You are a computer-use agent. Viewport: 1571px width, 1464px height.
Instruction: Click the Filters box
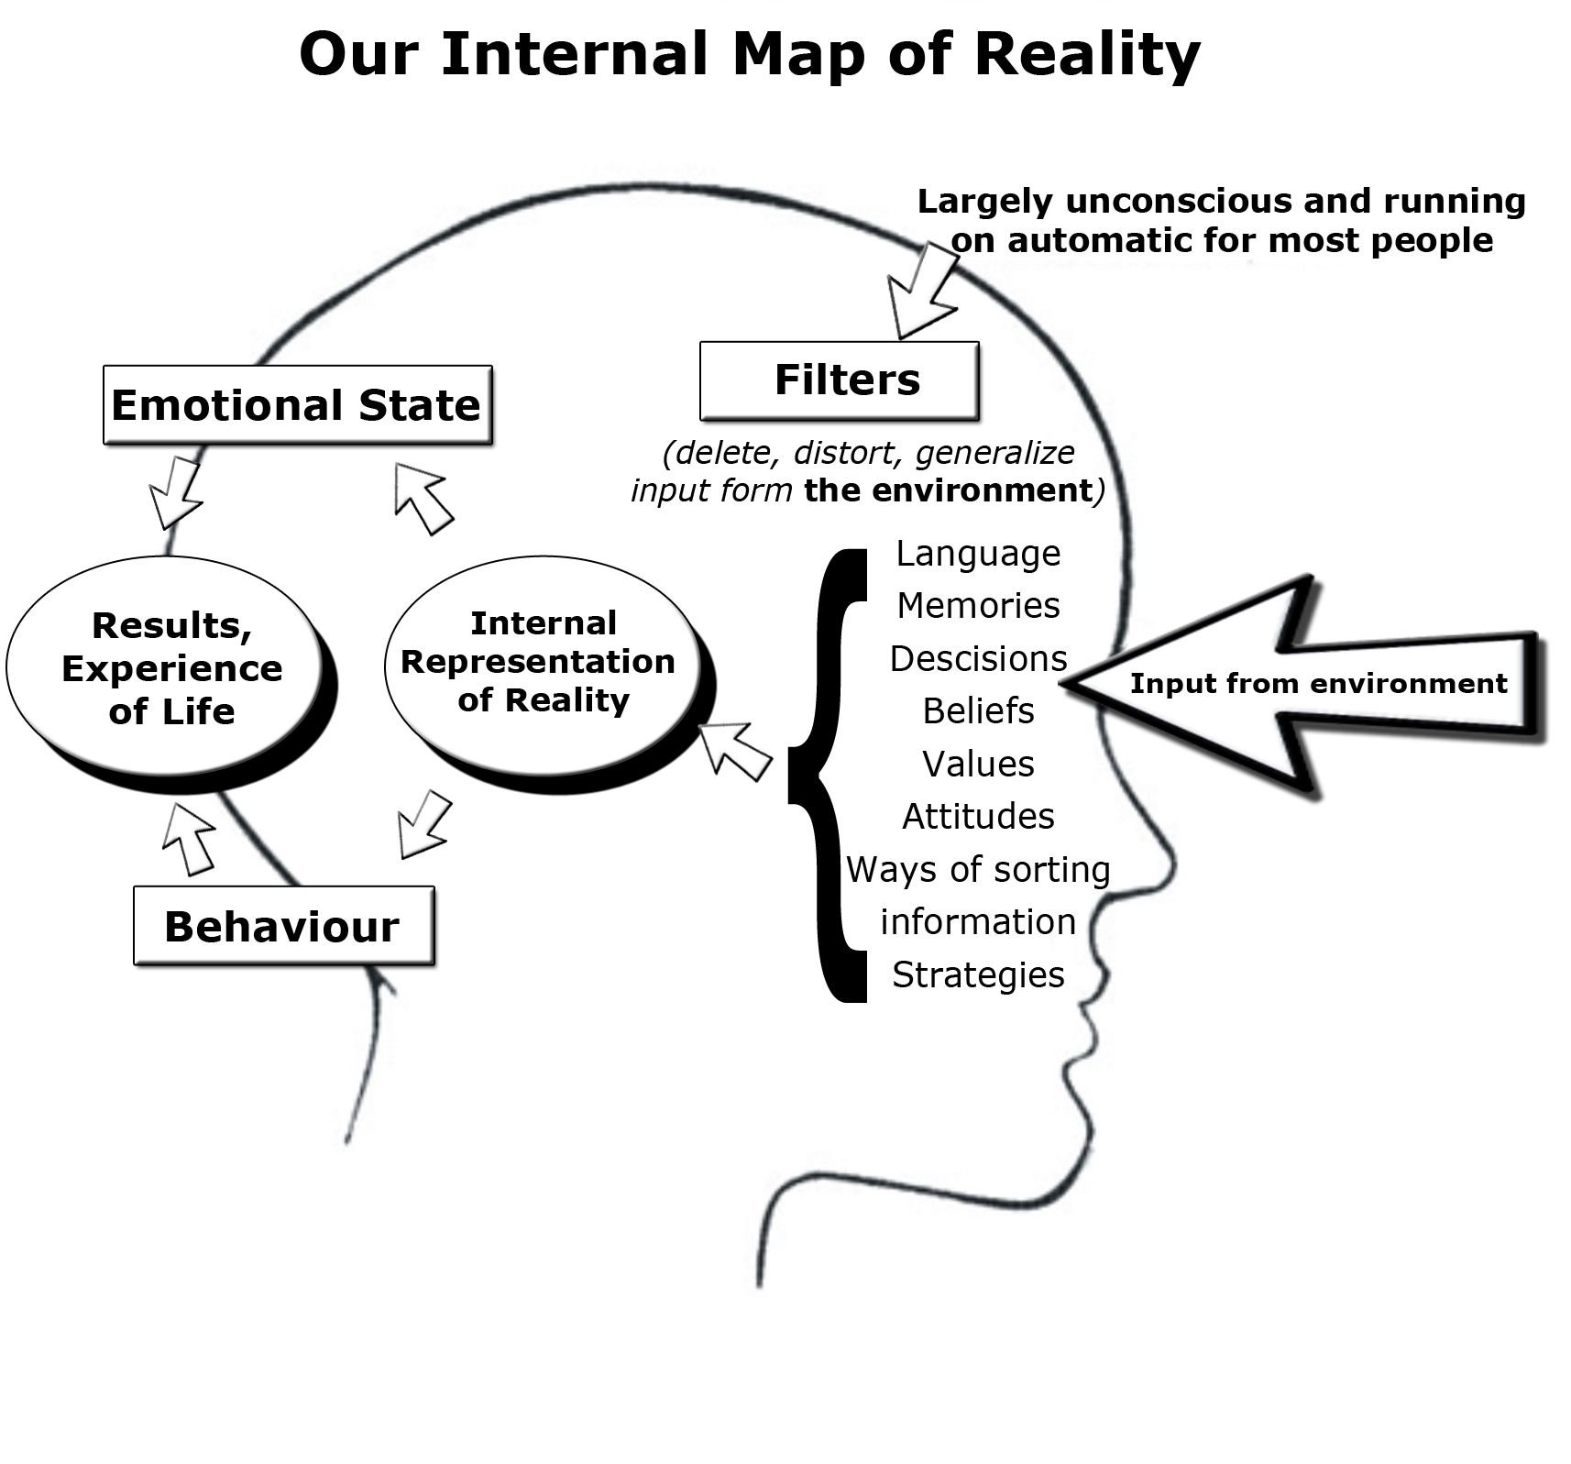[x=839, y=380]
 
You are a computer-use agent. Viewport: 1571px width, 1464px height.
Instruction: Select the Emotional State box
[x=297, y=405]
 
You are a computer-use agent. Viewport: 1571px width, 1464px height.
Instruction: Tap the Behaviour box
[x=283, y=926]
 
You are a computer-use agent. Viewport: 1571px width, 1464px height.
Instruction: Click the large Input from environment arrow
[x=1311, y=684]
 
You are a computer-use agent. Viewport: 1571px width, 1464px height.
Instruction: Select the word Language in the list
[x=978, y=554]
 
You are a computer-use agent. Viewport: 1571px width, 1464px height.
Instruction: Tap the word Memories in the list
[x=978, y=606]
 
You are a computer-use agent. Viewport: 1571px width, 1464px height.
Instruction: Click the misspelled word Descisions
[x=978, y=659]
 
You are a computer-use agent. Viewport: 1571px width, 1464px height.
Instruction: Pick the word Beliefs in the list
[x=978, y=711]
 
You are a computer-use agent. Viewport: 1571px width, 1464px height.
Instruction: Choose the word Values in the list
[x=978, y=765]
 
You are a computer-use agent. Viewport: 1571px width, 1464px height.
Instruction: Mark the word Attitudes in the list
[x=978, y=817]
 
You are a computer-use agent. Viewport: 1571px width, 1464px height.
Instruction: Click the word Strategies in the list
[x=978, y=974]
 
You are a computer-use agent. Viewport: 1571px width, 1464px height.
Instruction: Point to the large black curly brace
[x=829, y=776]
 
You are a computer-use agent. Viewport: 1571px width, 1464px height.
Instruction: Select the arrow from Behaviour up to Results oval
[x=190, y=839]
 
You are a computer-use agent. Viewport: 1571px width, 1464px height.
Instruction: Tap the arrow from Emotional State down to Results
[x=176, y=493]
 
